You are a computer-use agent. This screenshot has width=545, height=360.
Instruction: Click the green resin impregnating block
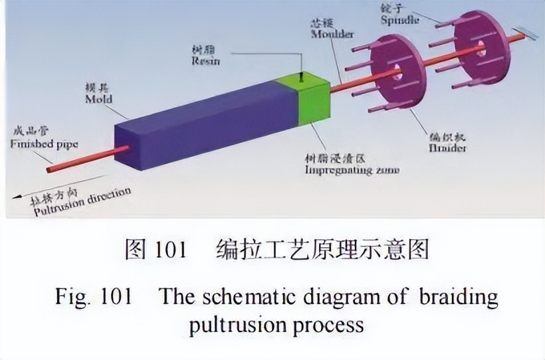(311, 103)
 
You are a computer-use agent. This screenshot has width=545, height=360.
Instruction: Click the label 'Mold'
(98, 99)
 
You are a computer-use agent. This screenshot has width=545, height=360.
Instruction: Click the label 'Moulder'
(332, 34)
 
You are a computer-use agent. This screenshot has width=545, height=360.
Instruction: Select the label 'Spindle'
(400, 19)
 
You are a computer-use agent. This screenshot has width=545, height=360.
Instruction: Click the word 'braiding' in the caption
(458, 296)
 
